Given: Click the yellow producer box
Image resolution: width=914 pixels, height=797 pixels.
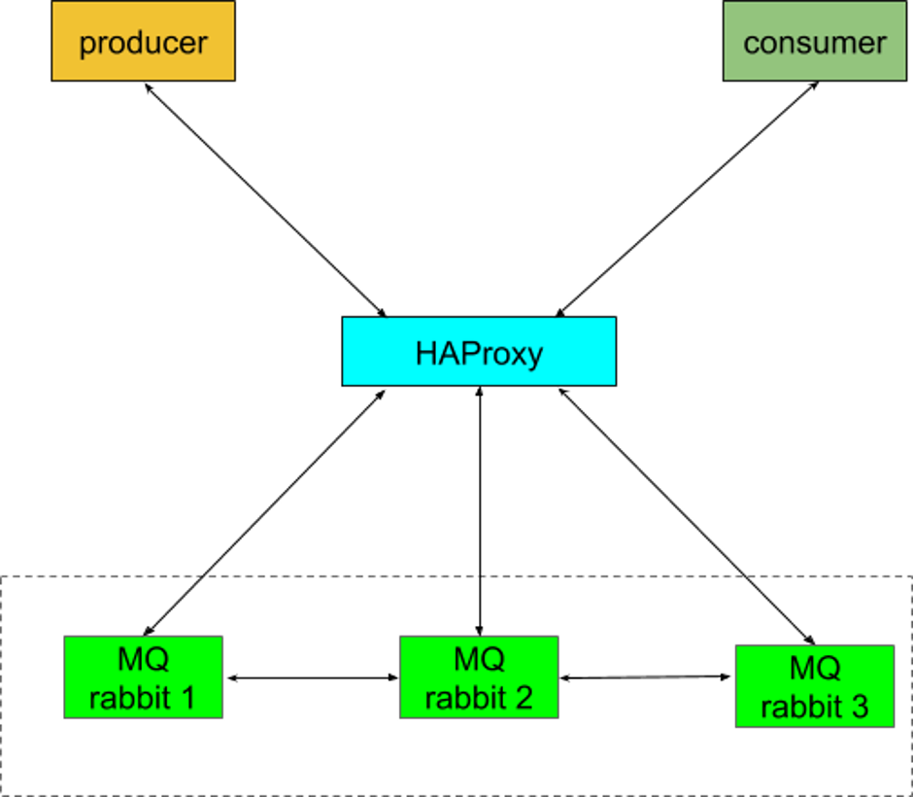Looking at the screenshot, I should tap(143, 41).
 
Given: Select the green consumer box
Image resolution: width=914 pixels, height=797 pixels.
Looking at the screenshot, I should tap(814, 41).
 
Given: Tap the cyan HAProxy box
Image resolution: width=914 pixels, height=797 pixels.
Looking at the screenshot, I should tap(479, 351).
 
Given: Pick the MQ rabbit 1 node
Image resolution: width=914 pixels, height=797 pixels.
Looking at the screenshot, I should tap(143, 677).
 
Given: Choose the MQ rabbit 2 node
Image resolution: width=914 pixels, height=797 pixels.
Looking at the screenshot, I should tap(479, 677).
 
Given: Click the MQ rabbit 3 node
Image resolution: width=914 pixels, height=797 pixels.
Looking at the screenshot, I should tap(814, 686).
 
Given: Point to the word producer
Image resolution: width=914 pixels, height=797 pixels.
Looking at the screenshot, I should tap(143, 44).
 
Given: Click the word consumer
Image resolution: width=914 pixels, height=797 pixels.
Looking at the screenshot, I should tap(814, 44).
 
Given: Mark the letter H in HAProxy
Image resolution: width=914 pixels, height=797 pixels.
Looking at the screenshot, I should tap(427, 353).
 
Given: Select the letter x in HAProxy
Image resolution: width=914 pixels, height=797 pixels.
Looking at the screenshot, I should tap(514, 355).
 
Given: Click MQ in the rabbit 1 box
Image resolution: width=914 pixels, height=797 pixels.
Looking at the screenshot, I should tap(143, 659).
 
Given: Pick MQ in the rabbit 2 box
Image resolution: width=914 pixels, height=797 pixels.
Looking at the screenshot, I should tap(479, 659).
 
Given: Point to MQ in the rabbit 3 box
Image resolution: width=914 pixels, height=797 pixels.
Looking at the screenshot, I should tap(814, 668).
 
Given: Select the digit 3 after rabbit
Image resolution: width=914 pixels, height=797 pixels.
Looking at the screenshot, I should tap(859, 707).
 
